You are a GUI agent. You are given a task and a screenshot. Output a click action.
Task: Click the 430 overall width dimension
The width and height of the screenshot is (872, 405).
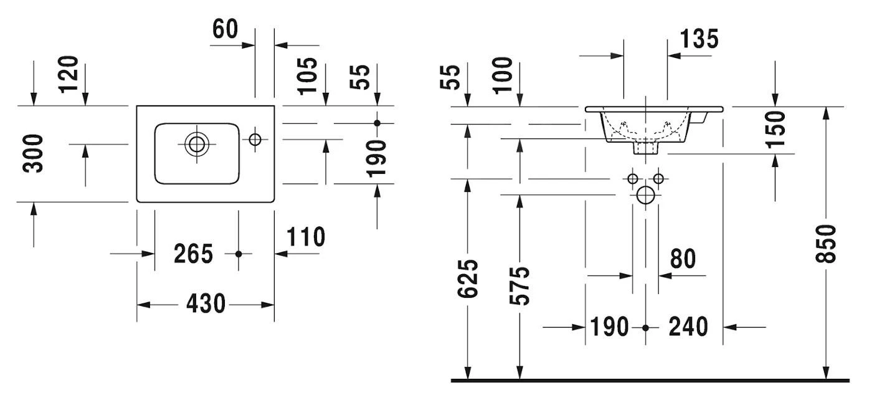[206, 304]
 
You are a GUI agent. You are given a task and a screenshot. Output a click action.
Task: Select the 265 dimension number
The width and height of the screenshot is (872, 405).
[193, 254]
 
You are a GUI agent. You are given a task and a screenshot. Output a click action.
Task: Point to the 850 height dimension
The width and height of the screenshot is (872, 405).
[826, 243]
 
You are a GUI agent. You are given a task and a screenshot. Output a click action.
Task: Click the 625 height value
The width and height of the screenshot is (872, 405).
[468, 278]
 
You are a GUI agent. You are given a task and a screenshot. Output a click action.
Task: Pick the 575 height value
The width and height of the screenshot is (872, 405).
[519, 285]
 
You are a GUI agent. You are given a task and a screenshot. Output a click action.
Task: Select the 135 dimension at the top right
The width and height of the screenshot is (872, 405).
[699, 39]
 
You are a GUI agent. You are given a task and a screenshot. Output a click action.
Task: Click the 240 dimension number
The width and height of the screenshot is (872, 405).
[688, 326]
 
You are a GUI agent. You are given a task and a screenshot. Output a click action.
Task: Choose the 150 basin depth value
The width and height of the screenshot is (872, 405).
[775, 130]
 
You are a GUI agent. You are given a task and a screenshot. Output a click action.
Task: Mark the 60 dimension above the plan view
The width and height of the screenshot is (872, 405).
[225, 29]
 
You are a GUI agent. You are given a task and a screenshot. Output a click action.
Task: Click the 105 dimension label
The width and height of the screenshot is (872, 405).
[308, 75]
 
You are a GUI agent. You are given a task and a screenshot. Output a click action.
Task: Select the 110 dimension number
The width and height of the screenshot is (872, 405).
[306, 237]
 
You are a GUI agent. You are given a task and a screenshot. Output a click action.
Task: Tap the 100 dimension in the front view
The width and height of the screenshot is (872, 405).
[503, 75]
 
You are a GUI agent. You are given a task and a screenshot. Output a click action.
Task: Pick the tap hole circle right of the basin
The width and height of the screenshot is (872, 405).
[255, 139]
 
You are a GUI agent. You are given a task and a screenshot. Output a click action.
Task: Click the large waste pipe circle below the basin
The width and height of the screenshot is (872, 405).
[646, 196]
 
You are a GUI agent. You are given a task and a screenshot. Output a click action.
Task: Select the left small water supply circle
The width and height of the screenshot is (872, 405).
[633, 179]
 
